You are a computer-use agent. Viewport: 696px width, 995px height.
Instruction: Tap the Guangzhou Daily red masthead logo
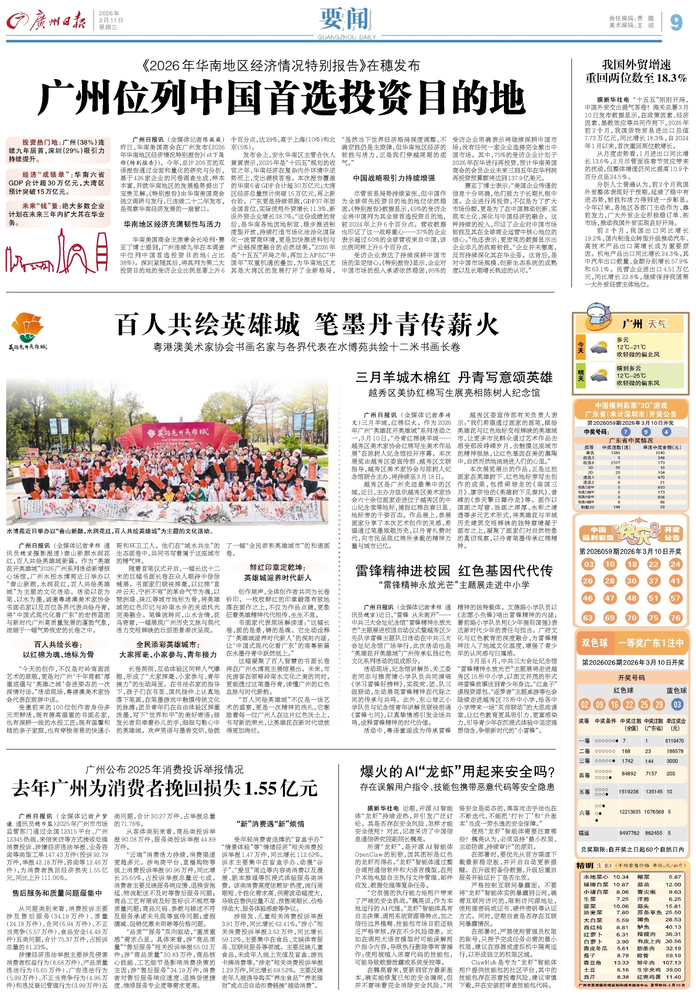(46, 20)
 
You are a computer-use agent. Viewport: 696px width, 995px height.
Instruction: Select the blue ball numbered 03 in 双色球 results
(677, 704)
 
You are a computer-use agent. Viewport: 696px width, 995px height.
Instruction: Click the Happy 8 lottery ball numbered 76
(676, 618)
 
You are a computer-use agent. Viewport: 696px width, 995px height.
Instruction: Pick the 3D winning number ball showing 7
(626, 432)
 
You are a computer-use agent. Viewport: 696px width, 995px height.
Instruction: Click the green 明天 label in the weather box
(580, 375)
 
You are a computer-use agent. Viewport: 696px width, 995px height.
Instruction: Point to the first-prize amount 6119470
(675, 741)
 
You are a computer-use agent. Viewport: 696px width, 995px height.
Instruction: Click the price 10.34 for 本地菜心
(621, 877)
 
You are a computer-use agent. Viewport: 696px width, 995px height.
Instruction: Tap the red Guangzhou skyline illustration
(56, 254)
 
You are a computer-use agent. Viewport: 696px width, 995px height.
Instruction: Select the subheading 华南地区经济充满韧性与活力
(172, 224)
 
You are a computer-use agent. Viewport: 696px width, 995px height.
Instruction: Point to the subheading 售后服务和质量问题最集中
(57, 893)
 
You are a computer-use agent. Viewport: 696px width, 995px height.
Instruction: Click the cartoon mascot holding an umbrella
(599, 315)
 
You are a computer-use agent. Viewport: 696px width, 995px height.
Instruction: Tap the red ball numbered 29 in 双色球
(659, 704)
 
